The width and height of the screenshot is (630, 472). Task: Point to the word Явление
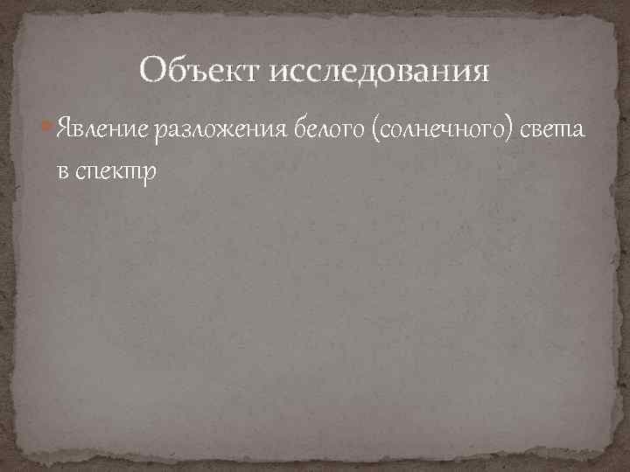pos(103,132)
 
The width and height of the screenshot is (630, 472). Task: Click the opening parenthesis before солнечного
pos(375,132)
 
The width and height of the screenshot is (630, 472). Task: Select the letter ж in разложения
pos(222,132)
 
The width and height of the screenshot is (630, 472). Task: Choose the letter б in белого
pos(302,130)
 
